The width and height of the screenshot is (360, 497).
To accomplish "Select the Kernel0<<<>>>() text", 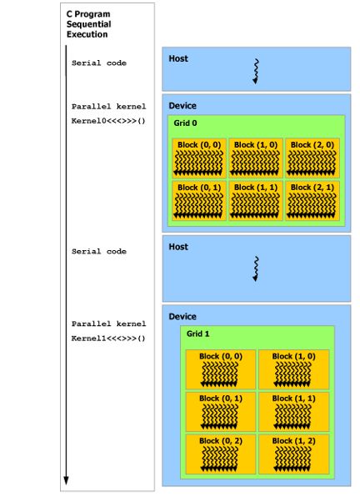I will point(107,121).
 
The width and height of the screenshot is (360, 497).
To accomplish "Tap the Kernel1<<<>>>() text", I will point(107,338).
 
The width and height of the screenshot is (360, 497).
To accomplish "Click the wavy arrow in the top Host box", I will point(257,72).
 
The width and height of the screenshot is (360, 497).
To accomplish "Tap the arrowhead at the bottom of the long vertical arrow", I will point(66,480).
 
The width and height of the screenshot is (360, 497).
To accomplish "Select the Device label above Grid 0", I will point(182,106).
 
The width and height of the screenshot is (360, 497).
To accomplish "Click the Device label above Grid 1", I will point(182,317).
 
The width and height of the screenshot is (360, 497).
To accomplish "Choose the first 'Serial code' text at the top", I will point(99,63).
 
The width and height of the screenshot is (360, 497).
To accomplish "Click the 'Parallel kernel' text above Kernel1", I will point(108,324).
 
